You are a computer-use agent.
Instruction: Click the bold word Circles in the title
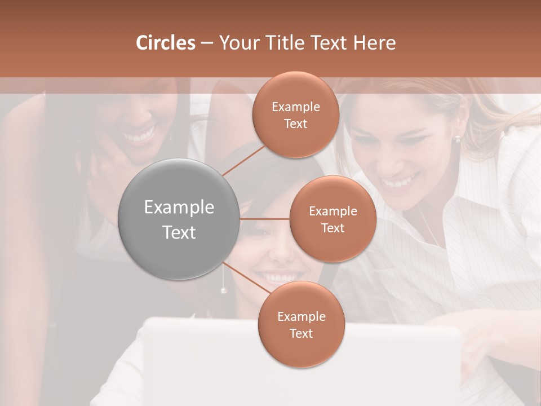(x=166, y=43)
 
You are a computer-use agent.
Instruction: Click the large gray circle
(x=179, y=219)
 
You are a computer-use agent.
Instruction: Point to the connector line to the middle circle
(x=265, y=219)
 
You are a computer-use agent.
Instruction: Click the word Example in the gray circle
(x=179, y=208)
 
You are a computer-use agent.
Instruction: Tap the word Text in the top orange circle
(x=295, y=124)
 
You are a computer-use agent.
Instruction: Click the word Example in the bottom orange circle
(x=301, y=317)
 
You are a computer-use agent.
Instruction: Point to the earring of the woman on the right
(x=458, y=139)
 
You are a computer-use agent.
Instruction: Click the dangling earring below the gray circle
(x=224, y=290)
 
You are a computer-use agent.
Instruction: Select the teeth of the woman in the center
(x=277, y=278)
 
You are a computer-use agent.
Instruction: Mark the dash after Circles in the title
(x=207, y=43)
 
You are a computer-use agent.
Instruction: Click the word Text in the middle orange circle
(x=332, y=228)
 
